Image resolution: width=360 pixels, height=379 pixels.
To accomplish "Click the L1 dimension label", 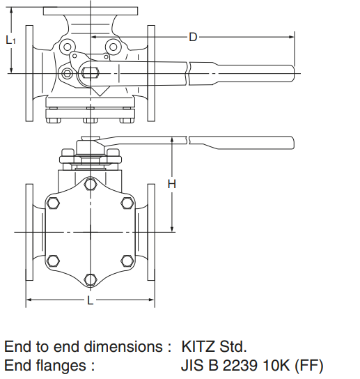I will pyautogui.click(x=10, y=40).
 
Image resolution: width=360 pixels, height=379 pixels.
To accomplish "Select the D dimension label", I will pyautogui.click(x=193, y=36).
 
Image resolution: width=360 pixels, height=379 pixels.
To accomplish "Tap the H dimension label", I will pyautogui.click(x=172, y=184).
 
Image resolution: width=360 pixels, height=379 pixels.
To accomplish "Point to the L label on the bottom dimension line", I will pyautogui.click(x=90, y=300).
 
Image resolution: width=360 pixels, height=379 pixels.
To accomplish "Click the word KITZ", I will pyautogui.click(x=200, y=346).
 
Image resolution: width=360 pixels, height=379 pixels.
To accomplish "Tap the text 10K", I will pyautogui.click(x=274, y=364).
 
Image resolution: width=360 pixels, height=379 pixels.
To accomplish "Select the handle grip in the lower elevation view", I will pyautogui.click(x=244, y=144).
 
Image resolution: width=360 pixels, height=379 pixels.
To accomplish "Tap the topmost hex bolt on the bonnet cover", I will pyautogui.click(x=90, y=185).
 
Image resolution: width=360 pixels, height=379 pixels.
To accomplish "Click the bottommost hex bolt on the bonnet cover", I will pyautogui.click(x=90, y=279).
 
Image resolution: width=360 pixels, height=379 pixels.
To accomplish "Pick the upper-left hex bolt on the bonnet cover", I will pyautogui.click(x=54, y=203).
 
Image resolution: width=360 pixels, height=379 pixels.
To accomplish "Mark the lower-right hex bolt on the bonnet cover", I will pyautogui.click(x=126, y=261).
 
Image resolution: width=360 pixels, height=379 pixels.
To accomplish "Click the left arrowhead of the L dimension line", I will pyautogui.click(x=29, y=301).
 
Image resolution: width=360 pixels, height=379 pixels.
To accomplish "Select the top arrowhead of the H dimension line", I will pyautogui.click(x=172, y=140).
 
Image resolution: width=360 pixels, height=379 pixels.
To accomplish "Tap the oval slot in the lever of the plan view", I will pyautogui.click(x=93, y=70).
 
